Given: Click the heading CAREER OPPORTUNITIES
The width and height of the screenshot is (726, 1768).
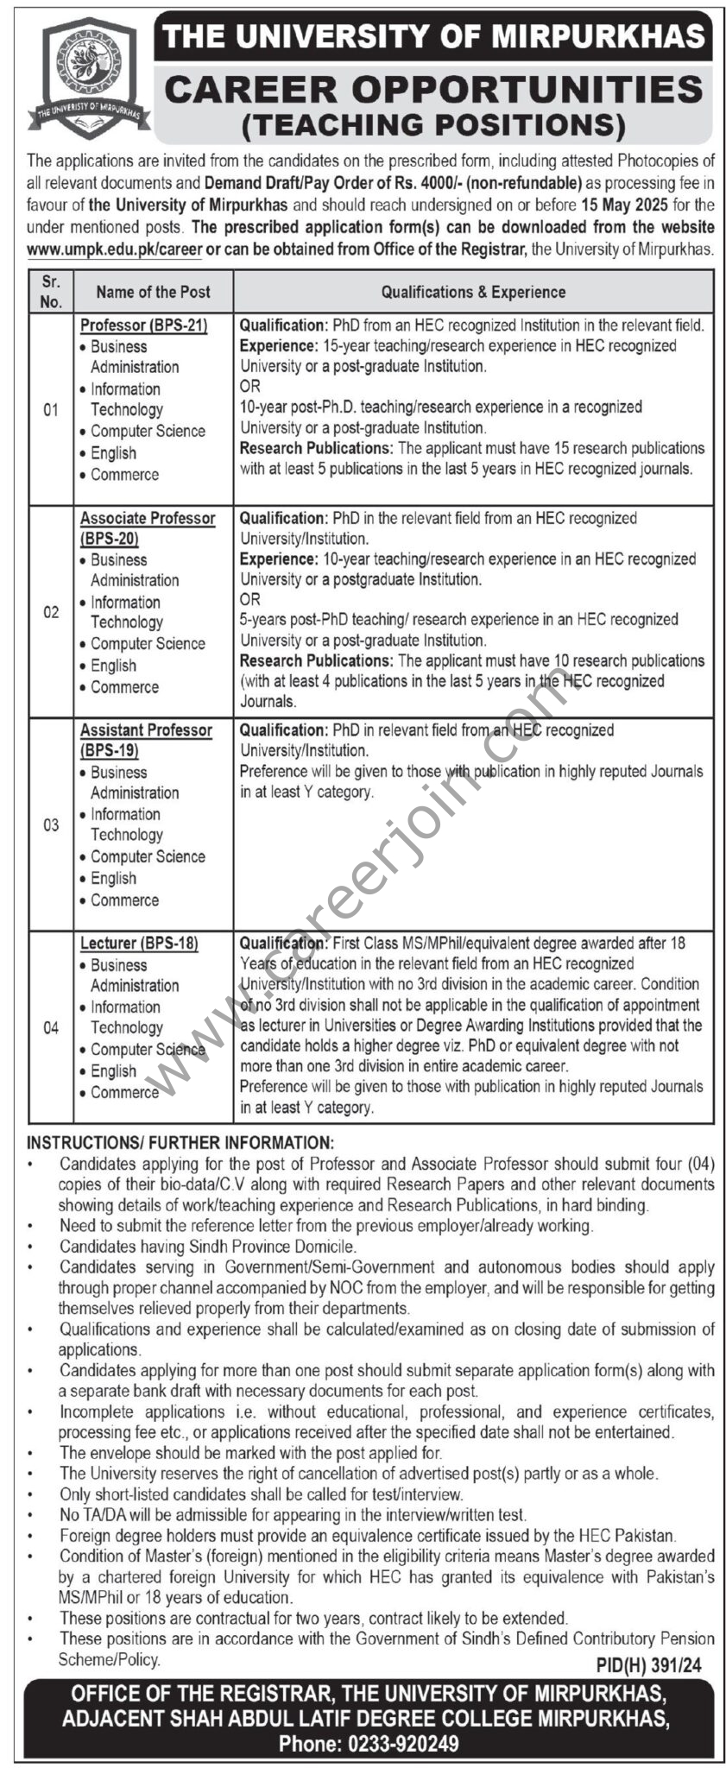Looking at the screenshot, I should pyautogui.click(x=433, y=90).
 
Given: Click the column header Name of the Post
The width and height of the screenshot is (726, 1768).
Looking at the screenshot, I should pyautogui.click(x=153, y=292).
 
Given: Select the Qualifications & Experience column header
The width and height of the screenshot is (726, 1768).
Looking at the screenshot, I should pyautogui.click(x=473, y=292).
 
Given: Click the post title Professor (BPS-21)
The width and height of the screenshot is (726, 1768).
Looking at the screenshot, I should pyautogui.click(x=144, y=325).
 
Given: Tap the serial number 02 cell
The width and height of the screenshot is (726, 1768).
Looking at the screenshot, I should pyautogui.click(x=51, y=612).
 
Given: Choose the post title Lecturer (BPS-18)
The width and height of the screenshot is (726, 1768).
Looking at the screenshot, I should pyautogui.click(x=139, y=944).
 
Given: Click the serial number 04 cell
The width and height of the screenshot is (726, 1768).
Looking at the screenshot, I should pyautogui.click(x=51, y=1027).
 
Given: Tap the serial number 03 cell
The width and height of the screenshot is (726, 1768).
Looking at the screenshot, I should pyautogui.click(x=51, y=824).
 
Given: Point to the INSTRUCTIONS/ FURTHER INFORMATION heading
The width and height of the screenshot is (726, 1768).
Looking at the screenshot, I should pyautogui.click(x=180, y=1143).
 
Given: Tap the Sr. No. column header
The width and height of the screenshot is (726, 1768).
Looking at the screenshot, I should pyautogui.click(x=51, y=292).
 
